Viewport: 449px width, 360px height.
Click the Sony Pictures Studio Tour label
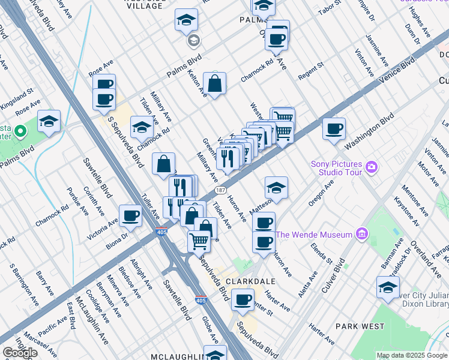click(x=336, y=168)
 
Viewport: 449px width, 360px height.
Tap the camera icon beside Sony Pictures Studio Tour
click(x=373, y=166)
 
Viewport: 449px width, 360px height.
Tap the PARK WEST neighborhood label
click(x=360, y=326)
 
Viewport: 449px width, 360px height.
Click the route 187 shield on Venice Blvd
click(x=220, y=189)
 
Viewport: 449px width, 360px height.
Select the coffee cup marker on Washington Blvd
click(x=334, y=128)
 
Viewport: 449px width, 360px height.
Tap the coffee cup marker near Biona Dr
click(x=130, y=216)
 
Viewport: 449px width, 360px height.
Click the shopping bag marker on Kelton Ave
click(x=214, y=83)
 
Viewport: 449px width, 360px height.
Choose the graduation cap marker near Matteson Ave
click(x=276, y=187)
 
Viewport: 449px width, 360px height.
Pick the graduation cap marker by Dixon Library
click(x=388, y=287)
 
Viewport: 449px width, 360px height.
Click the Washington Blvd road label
click(x=370, y=131)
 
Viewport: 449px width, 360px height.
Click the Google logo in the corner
click(x=19, y=353)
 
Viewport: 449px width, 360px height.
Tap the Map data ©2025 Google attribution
click(x=412, y=355)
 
